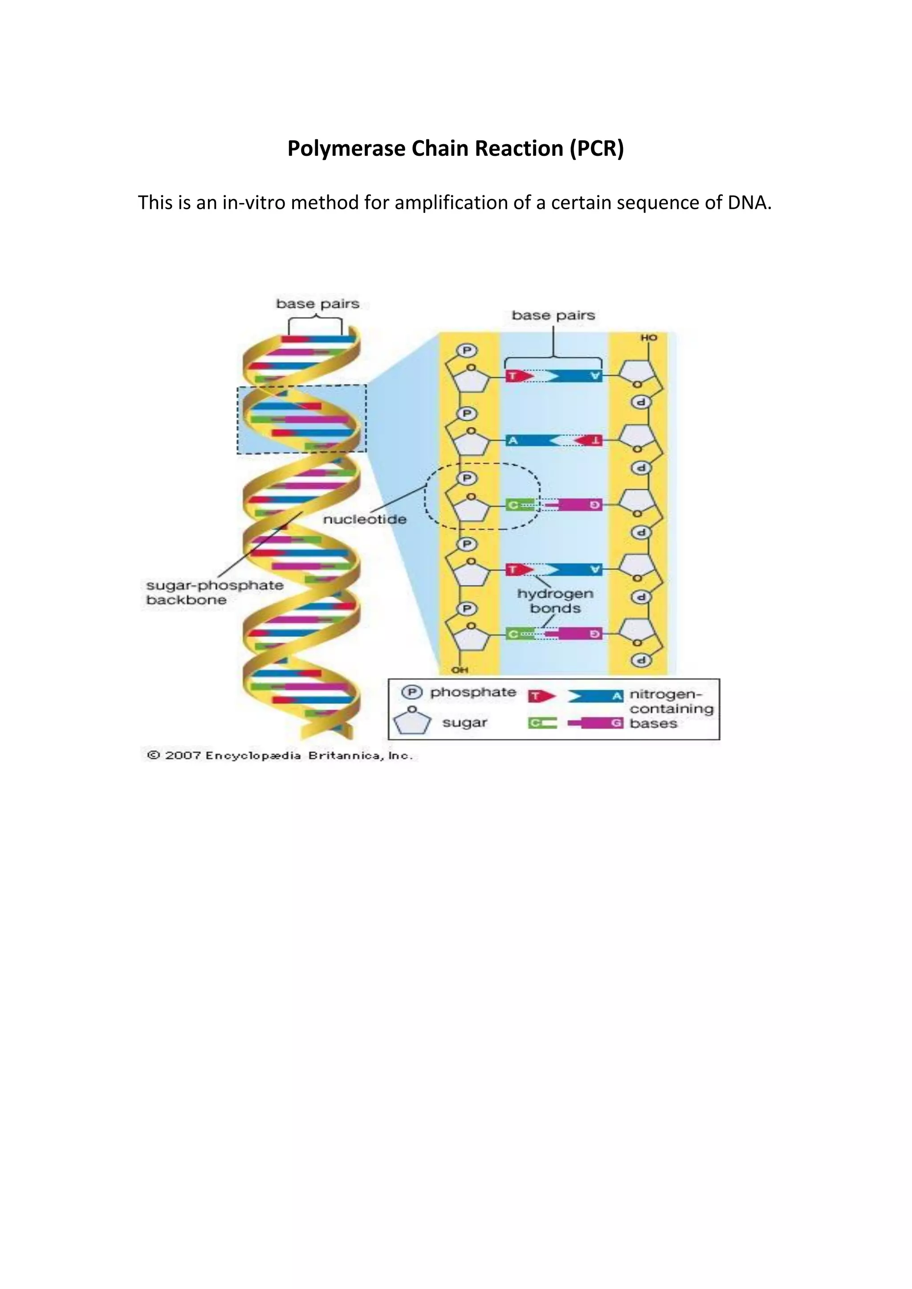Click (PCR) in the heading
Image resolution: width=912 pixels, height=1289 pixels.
596,149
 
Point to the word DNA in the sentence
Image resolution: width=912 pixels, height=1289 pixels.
749,203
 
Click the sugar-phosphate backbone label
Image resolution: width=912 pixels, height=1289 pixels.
215,592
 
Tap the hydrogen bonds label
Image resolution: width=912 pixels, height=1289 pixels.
555,601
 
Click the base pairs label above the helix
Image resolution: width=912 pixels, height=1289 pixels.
318,304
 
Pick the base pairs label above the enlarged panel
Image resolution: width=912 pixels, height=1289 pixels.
553,316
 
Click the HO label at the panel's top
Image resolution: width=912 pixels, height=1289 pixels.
649,338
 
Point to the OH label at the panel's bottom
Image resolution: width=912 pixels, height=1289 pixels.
460,670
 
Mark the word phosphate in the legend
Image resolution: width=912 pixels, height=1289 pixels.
473,693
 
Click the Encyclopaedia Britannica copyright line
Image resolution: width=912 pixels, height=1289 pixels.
280,756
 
